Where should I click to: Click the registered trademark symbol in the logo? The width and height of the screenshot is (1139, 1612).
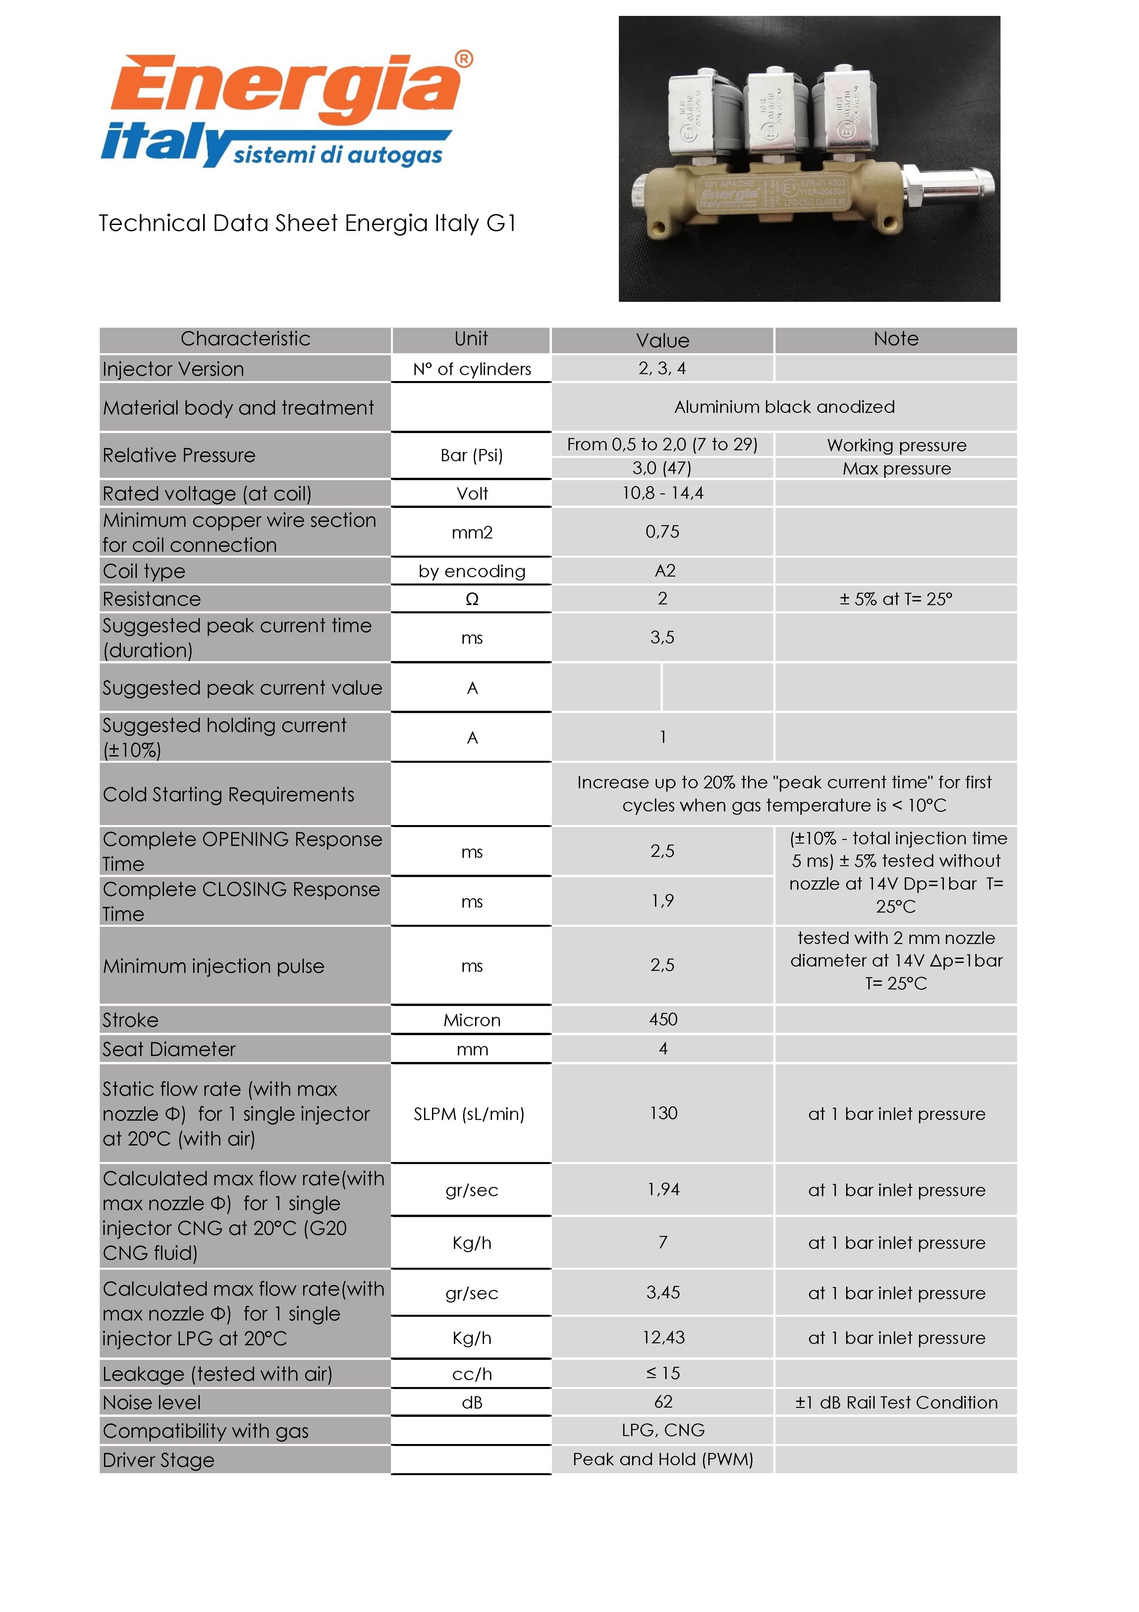(464, 59)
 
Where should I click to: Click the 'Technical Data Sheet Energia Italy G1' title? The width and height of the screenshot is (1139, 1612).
(307, 223)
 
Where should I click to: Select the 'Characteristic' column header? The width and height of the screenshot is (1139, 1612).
(245, 339)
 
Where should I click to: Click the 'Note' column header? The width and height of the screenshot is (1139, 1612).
(895, 339)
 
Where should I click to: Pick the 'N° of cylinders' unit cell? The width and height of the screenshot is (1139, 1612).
(471, 369)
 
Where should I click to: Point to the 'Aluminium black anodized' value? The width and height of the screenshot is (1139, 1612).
(784, 407)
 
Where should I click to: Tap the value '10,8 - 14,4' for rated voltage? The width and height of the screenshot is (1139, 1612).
(663, 493)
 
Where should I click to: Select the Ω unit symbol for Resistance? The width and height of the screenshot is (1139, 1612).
(471, 599)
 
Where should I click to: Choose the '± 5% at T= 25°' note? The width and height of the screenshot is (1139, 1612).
(895, 599)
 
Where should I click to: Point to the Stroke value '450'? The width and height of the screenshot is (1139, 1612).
(663, 1020)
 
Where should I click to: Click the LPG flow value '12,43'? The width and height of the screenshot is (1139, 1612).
(663, 1338)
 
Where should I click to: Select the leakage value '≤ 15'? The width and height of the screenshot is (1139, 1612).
(663, 1373)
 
